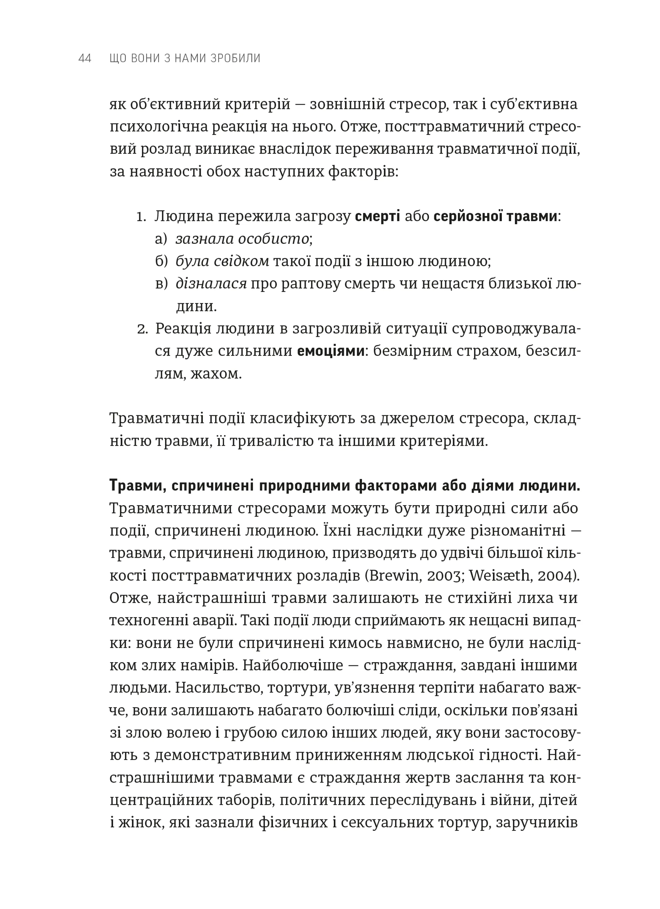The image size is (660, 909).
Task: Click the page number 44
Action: [85, 58]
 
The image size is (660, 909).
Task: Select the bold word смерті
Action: [377, 216]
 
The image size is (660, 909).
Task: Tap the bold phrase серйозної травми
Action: [495, 216]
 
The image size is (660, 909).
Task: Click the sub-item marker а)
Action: [161, 239]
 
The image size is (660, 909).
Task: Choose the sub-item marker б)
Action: [161, 261]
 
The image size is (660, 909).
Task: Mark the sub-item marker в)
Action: [161, 284]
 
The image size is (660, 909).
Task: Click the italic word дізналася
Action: [211, 284]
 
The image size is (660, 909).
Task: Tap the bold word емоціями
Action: [330, 351]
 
